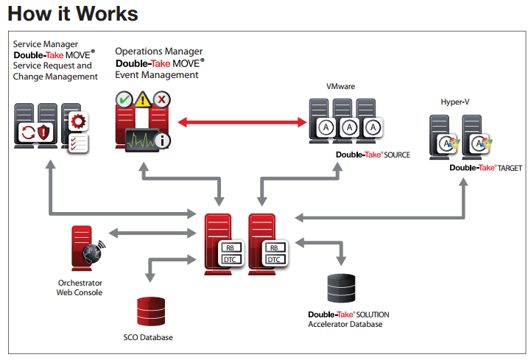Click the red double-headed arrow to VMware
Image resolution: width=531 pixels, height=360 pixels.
tap(242, 122)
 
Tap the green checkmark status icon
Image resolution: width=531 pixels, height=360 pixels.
tap(124, 99)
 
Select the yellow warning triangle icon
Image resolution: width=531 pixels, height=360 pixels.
tap(143, 100)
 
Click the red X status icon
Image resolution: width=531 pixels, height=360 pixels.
tap(162, 99)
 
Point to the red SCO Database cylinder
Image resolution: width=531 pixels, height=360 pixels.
tap(151, 311)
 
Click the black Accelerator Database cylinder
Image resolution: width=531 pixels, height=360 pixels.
tap(342, 288)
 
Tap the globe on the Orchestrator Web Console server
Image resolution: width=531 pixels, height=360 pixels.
tap(93, 253)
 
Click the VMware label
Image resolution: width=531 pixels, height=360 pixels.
tap(341, 86)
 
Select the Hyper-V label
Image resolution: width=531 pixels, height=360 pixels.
tap(455, 102)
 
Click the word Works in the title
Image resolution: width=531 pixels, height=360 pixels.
tap(107, 14)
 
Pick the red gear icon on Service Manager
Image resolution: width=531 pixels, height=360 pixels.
tap(78, 121)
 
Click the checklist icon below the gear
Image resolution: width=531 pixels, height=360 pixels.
tap(78, 144)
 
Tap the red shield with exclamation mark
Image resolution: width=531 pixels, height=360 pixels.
tap(44, 132)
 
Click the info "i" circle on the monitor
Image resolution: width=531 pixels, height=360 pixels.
tap(163, 141)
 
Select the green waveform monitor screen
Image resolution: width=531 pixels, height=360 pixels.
tap(142, 140)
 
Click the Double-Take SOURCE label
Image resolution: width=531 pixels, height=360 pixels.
tap(373, 155)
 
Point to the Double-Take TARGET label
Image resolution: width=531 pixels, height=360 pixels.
tap(485, 168)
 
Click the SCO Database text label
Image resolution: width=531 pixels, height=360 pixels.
tap(148, 337)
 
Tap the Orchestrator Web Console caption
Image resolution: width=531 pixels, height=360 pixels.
tap(80, 288)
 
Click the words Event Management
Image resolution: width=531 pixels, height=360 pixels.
tap(157, 75)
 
